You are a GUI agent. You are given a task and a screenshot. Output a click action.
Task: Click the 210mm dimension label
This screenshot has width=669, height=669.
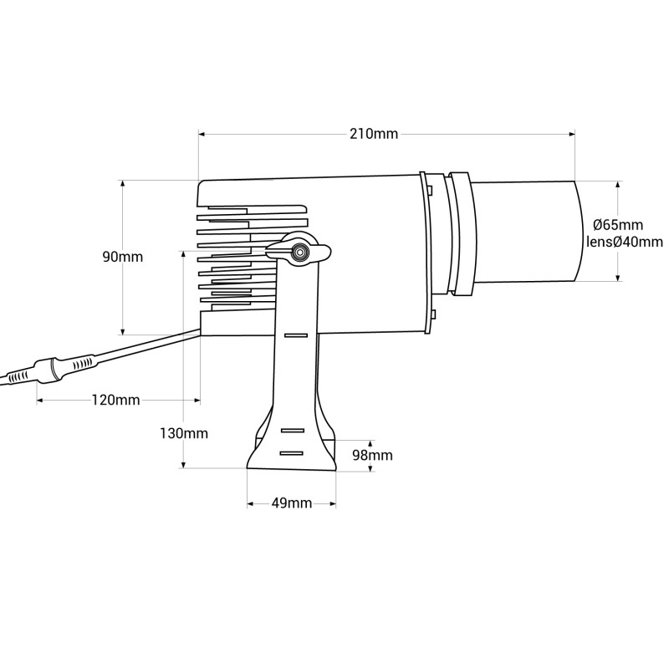click(x=374, y=134)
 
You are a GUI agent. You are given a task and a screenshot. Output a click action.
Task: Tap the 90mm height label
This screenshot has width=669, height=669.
click(x=123, y=257)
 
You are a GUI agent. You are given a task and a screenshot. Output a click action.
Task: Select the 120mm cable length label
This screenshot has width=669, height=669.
click(x=115, y=400)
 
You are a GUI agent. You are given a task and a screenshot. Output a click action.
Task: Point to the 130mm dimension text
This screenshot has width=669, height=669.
click(x=184, y=433)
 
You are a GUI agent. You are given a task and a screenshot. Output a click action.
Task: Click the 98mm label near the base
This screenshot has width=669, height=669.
click(x=372, y=455)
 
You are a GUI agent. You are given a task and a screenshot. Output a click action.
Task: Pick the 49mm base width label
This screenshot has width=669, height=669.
click(x=292, y=503)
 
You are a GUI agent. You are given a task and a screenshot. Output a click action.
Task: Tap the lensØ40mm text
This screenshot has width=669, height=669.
click(x=620, y=243)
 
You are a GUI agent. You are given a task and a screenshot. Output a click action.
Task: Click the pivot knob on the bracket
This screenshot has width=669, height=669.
click(x=299, y=252)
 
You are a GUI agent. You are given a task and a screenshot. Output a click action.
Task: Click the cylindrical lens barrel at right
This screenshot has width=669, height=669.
click(x=525, y=232)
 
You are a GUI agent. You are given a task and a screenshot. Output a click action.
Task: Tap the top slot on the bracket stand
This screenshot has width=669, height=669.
click(x=295, y=334)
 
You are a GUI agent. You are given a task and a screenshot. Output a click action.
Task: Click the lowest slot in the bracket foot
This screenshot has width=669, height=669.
click(x=292, y=452)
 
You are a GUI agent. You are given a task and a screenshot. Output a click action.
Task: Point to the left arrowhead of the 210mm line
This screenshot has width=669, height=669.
click(x=202, y=133)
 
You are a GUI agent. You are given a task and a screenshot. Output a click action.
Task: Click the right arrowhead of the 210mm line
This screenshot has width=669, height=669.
click(x=573, y=133)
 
